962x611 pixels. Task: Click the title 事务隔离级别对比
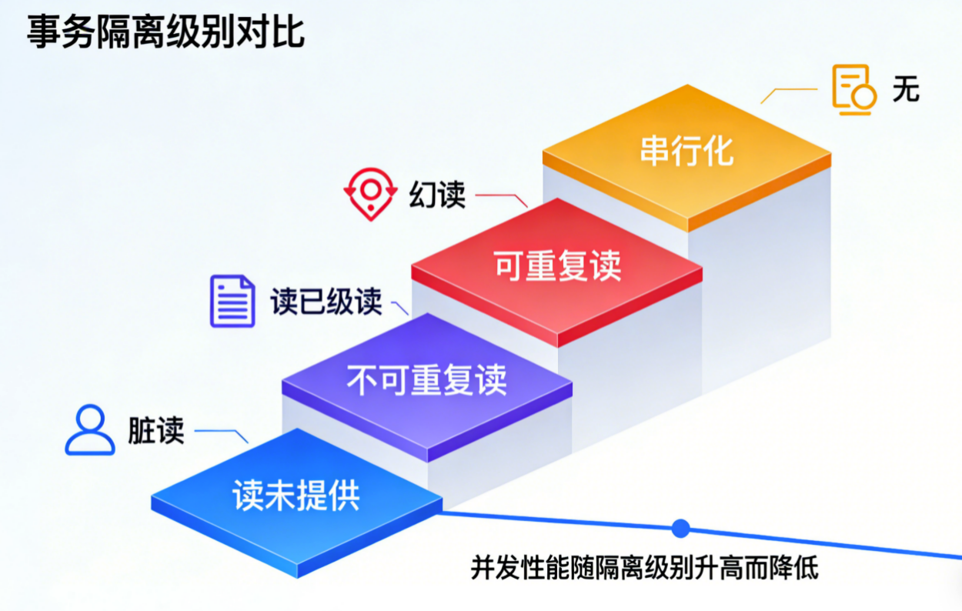pyautogui.click(x=166, y=33)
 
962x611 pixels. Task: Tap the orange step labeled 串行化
pyautogui.click(x=686, y=150)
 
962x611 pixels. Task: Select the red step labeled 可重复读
pyautogui.click(x=556, y=266)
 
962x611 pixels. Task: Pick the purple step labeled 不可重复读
pyautogui.click(x=426, y=381)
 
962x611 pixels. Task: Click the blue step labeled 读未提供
pyautogui.click(x=296, y=496)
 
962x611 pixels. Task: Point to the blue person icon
pyautogui.click(x=90, y=429)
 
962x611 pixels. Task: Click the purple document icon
pyautogui.click(x=232, y=301)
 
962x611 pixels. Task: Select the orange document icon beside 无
pyautogui.click(x=853, y=91)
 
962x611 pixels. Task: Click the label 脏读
pyautogui.click(x=156, y=431)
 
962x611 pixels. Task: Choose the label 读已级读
pyautogui.click(x=326, y=302)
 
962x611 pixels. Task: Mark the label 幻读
pyautogui.click(x=437, y=195)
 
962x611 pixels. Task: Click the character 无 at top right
pyautogui.click(x=906, y=90)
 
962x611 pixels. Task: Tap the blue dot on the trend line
pyautogui.click(x=680, y=528)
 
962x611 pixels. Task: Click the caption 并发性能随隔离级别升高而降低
pyautogui.click(x=644, y=569)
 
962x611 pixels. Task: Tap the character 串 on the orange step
pyautogui.click(x=653, y=151)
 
